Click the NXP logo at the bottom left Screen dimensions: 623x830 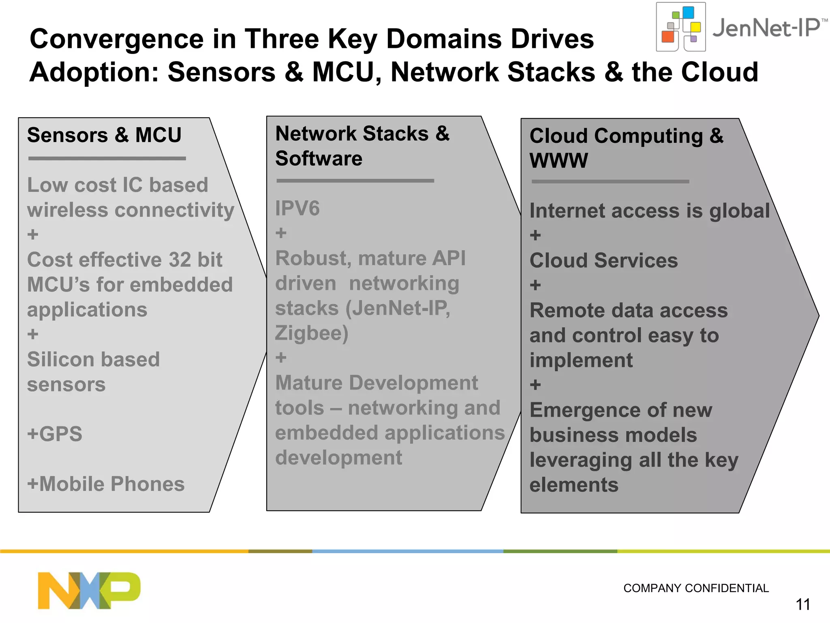[x=89, y=590]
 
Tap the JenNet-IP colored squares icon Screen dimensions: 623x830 [x=681, y=27]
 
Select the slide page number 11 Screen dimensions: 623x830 [x=803, y=605]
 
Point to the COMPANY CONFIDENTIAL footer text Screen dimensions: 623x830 [x=696, y=588]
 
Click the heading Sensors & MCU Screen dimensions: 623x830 [x=104, y=135]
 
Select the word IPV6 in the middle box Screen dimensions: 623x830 [x=297, y=208]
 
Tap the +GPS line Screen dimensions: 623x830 [x=55, y=434]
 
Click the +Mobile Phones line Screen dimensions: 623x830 [x=106, y=484]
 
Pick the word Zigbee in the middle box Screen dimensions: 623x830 [x=311, y=333]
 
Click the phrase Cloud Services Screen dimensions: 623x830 [x=603, y=260]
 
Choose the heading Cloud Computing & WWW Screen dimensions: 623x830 [x=626, y=148]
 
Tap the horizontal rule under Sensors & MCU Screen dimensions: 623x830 [x=107, y=159]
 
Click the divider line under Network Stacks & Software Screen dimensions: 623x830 [x=355, y=180]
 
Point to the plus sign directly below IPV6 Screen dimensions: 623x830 [x=281, y=233]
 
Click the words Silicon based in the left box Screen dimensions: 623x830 [x=93, y=360]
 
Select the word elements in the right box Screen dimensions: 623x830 [x=574, y=485]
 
